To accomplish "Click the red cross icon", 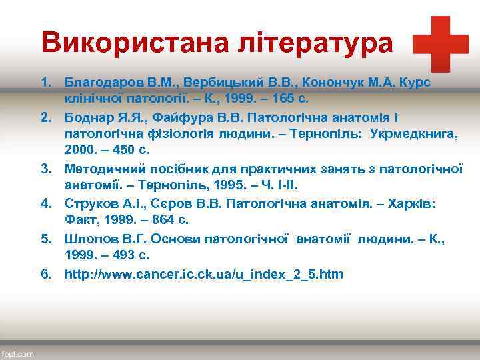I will [x=441, y=44].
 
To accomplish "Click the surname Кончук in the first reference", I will [x=325, y=81].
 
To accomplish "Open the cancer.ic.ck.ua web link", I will [x=203, y=273].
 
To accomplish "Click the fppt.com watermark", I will [x=18, y=353].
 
